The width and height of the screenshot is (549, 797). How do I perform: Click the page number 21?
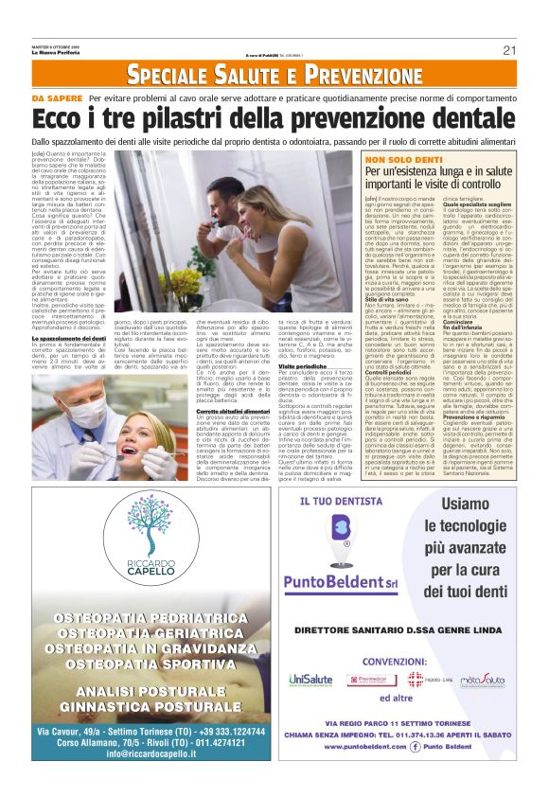509,49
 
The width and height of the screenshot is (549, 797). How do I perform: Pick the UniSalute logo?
310,680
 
